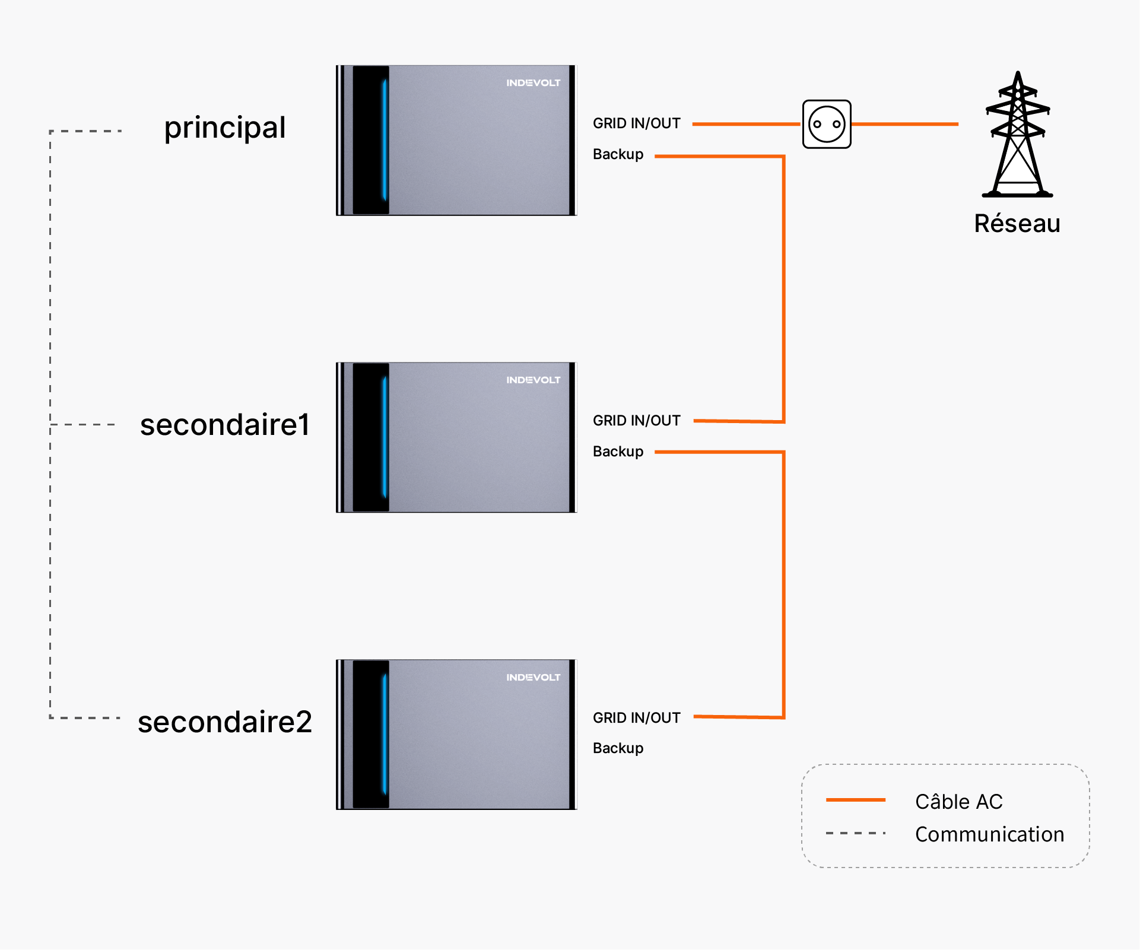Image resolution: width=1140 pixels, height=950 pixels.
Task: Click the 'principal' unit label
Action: pos(225,128)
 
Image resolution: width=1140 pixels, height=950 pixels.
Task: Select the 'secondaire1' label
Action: pos(225,425)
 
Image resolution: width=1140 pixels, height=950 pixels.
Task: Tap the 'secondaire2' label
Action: pos(225,722)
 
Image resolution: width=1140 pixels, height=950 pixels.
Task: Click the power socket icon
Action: pos(827,124)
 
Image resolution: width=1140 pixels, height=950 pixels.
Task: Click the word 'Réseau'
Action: pos(1017,224)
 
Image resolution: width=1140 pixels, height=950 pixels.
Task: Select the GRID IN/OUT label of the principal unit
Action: pos(637,123)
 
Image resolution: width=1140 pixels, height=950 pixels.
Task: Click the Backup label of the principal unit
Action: pos(618,154)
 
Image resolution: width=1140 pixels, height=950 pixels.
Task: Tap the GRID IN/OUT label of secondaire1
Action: pos(637,421)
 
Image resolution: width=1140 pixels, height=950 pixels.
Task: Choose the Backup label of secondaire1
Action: pos(618,452)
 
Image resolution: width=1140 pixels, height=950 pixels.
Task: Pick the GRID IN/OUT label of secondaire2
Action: pos(637,718)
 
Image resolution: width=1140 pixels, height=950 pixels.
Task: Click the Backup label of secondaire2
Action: pos(618,748)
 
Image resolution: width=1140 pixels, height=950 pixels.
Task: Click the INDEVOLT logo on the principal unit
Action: pos(533,83)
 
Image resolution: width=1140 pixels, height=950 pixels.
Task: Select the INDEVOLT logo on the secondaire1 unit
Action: pos(533,380)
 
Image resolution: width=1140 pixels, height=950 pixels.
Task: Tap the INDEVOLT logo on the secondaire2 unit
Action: pos(533,677)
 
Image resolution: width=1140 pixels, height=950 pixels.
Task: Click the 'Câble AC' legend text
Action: pos(959,802)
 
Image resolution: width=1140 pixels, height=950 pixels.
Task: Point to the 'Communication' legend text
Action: pos(990,834)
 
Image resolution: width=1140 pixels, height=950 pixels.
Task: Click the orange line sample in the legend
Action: pos(856,800)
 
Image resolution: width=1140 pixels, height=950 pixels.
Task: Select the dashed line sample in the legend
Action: pos(856,833)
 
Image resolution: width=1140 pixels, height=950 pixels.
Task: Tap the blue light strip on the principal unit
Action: pos(385,140)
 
